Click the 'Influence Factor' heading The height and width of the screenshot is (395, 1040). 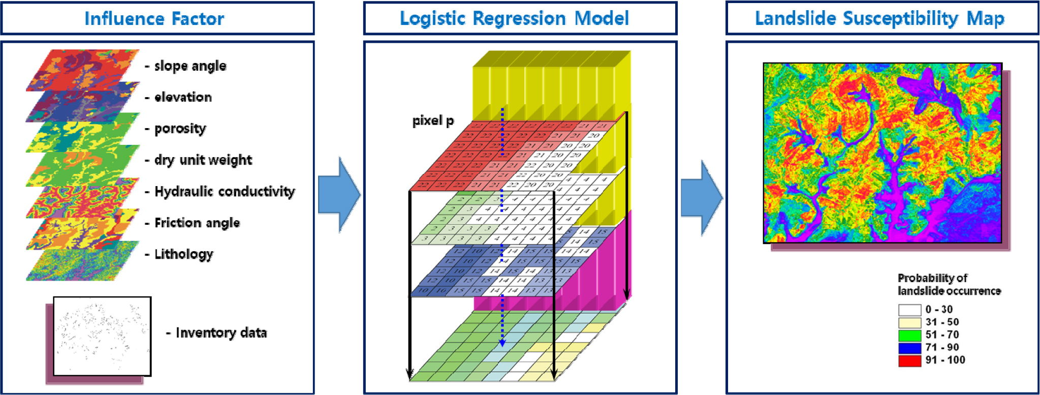click(154, 19)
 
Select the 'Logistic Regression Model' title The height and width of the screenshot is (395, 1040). click(514, 19)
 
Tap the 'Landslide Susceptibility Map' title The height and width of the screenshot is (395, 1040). click(879, 19)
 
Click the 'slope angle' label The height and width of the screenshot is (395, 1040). click(190, 66)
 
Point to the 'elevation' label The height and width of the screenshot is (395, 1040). click(183, 97)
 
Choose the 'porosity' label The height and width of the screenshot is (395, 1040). click(180, 129)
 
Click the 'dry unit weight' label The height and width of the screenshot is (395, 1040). click(203, 160)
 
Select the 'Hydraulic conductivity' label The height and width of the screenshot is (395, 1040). click(224, 192)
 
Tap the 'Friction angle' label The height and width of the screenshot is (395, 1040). click(197, 223)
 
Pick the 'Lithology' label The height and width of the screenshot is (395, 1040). click(183, 254)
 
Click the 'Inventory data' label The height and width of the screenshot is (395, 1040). click(221, 333)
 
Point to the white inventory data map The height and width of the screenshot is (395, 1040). click(102, 336)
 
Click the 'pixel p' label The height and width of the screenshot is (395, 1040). click(433, 121)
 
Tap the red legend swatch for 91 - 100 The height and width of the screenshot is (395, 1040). click(909, 360)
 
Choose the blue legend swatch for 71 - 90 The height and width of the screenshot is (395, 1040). click(909, 348)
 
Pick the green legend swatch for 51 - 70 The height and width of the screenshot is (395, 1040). click(909, 335)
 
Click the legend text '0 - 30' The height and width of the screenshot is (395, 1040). click(939, 310)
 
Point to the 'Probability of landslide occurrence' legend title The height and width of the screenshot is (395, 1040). click(949, 285)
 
